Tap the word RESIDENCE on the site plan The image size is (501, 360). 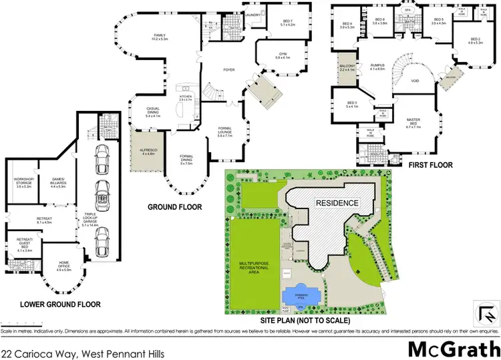click(x=338, y=202)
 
